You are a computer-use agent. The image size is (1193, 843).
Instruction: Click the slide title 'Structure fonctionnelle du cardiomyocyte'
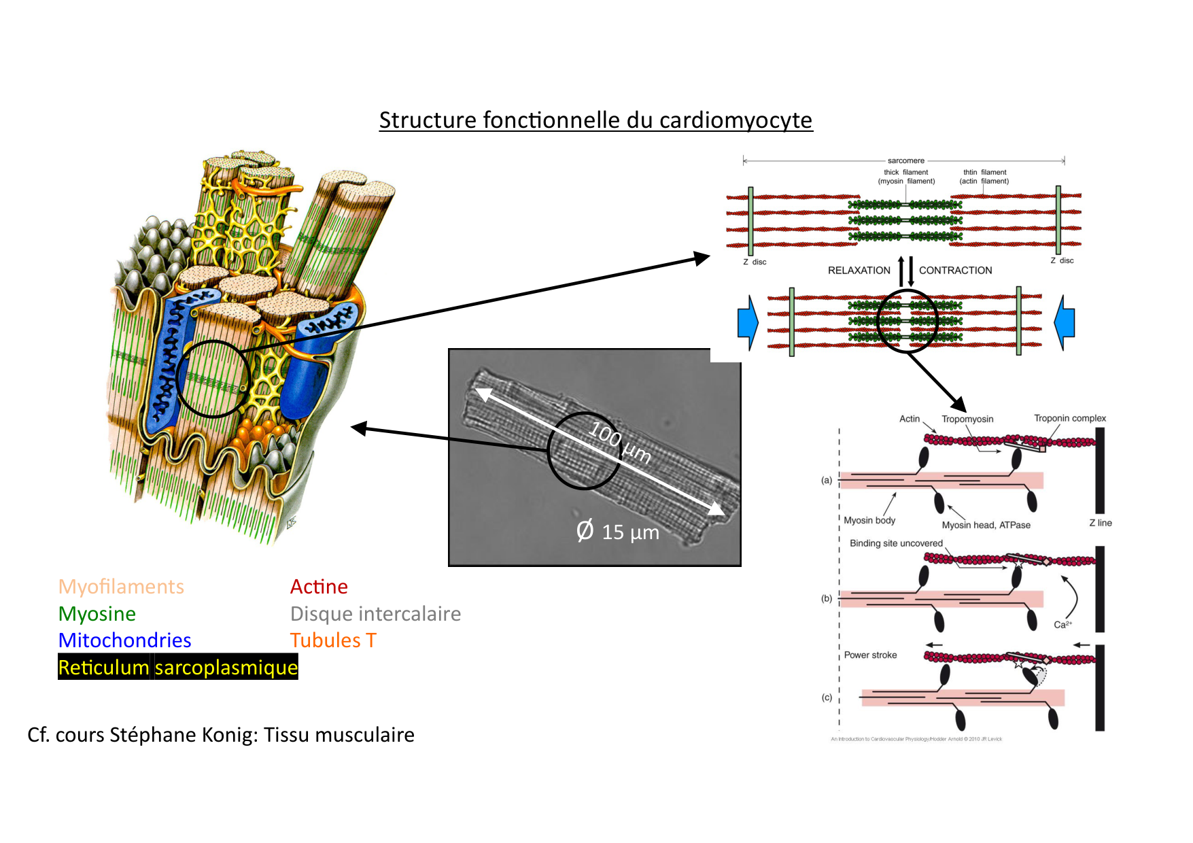click(x=595, y=120)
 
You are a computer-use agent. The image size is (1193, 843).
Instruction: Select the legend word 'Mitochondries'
click(x=124, y=640)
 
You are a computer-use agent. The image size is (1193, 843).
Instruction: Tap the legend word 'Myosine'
click(x=97, y=614)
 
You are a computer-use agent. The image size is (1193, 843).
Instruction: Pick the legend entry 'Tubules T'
click(x=332, y=640)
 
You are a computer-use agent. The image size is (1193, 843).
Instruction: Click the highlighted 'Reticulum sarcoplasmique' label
click(x=178, y=668)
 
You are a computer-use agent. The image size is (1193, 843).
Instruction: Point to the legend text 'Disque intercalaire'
click(x=375, y=614)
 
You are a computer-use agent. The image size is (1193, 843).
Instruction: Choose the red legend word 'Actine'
click(x=319, y=587)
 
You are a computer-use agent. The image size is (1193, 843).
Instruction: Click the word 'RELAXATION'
click(x=859, y=271)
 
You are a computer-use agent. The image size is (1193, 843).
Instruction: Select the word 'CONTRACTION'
click(x=955, y=271)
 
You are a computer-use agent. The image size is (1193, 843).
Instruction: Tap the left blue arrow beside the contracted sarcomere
click(x=748, y=323)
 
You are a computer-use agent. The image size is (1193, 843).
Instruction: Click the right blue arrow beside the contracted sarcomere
click(x=1065, y=322)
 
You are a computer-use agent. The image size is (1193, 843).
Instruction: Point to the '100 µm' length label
click(x=620, y=442)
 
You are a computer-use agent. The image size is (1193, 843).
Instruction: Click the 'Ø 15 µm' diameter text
click(x=617, y=531)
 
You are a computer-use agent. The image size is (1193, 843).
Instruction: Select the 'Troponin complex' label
click(x=1069, y=418)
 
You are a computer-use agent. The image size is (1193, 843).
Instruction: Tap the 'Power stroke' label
click(x=870, y=655)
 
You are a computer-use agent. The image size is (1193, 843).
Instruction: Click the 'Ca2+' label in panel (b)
click(x=1062, y=625)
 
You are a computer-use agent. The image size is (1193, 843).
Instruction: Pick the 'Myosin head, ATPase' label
click(x=986, y=525)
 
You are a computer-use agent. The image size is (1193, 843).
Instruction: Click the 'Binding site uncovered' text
click(x=896, y=543)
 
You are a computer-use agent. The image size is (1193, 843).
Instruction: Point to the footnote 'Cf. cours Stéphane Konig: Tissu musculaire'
click(x=221, y=735)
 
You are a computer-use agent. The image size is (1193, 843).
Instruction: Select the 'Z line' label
click(x=1100, y=523)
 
